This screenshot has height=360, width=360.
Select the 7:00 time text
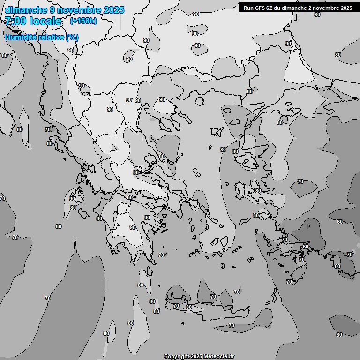(x=15, y=21)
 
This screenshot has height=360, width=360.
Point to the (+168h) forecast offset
(x=83, y=21)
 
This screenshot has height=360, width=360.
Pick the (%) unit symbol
(x=72, y=37)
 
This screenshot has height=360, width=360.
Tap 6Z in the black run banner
(x=269, y=7)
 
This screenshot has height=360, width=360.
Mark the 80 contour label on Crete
(x=189, y=307)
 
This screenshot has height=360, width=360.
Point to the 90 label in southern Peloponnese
(x=133, y=227)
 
